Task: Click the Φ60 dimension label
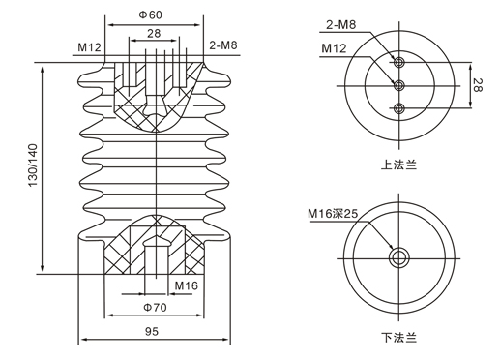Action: click(x=151, y=15)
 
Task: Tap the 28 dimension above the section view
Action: click(x=154, y=33)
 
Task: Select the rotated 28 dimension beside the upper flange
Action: click(x=478, y=85)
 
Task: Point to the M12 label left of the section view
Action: click(x=89, y=47)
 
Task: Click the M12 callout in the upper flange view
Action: click(x=334, y=48)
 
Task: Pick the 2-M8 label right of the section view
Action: click(x=223, y=45)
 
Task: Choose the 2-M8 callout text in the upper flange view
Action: click(x=341, y=25)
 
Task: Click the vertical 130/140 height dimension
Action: click(x=33, y=165)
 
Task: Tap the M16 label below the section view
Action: click(x=186, y=285)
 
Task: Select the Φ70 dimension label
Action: click(x=155, y=307)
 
